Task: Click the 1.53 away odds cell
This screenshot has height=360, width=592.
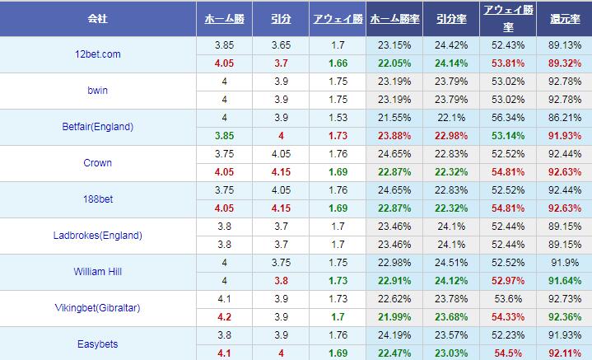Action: [x=336, y=118]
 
